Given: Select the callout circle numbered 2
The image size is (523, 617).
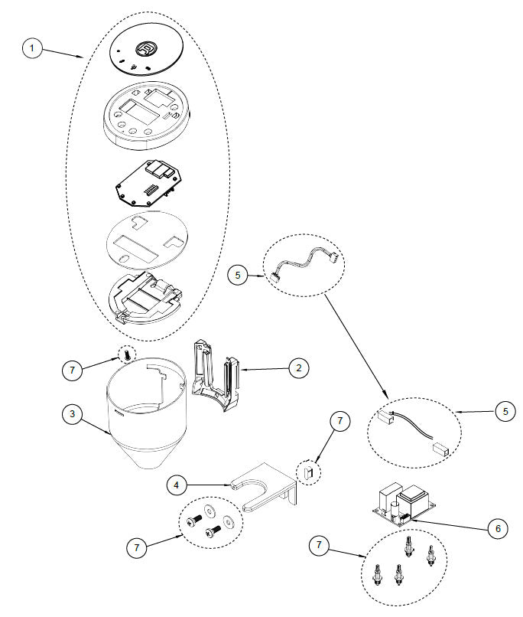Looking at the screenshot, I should pos(299,368).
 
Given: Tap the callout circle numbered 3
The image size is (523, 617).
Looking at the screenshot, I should pos(71,414).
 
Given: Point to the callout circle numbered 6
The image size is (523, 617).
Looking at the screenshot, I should pos(498,527).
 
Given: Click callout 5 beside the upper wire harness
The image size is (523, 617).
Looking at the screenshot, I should pos(238,273).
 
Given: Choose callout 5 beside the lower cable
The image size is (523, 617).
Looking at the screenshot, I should pos(504,411).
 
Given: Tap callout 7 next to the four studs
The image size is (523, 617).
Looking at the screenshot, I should pos(320,546).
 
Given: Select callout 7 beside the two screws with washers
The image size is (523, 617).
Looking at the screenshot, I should pos(137,547).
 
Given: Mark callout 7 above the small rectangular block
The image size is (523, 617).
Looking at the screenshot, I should pos(341,420).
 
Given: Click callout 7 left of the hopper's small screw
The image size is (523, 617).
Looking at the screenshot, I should pos(71,370).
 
